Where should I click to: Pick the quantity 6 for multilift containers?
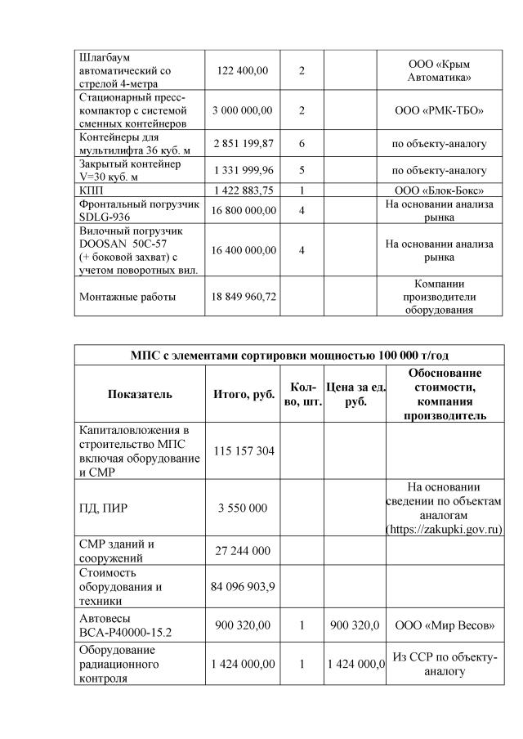302,144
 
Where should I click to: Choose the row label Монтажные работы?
127,297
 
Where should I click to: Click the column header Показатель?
140,394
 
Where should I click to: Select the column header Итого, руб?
243,394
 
